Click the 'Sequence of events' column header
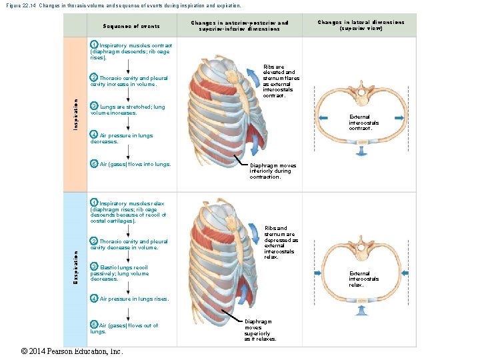tap(131, 26)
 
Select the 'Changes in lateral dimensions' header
tap(361, 25)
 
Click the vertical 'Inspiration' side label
tap(75, 115)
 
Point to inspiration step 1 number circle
tap(94, 45)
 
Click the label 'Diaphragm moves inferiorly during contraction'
tap(273, 171)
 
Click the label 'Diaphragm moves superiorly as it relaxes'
tap(259, 329)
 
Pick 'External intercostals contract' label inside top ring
tap(363, 123)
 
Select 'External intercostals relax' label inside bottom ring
tap(363, 279)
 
